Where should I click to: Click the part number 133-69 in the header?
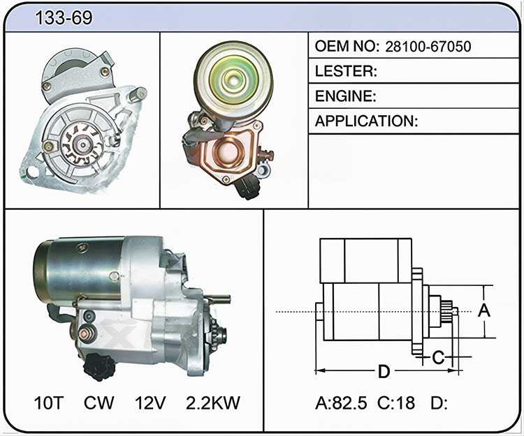tap(64, 17)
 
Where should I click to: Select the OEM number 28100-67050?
tap(428, 47)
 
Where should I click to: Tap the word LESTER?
tap(346, 71)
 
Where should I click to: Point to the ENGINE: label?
tap(346, 96)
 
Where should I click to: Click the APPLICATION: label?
tap(366, 121)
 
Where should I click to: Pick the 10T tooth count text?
tap(49, 403)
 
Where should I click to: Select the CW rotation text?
tap(99, 403)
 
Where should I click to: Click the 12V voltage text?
tap(150, 403)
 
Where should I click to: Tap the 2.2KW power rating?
tap(213, 403)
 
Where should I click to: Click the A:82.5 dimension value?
tap(341, 403)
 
